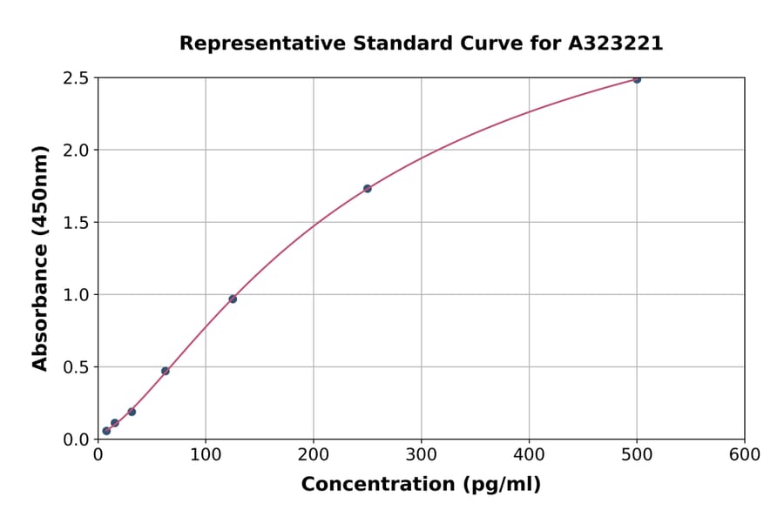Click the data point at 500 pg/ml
pyautogui.click(x=637, y=79)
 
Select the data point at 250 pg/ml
pyautogui.click(x=368, y=188)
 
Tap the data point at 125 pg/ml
pyautogui.click(x=233, y=299)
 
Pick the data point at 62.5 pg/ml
pyautogui.click(x=166, y=371)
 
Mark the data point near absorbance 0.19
pyautogui.click(x=132, y=412)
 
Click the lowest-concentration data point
pyautogui.click(x=106, y=431)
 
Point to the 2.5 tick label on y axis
pyautogui.click(x=77, y=78)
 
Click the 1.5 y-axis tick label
pyautogui.click(x=77, y=223)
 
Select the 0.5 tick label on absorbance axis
pyautogui.click(x=77, y=367)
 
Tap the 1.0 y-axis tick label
pyautogui.click(x=77, y=295)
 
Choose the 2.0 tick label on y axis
pyautogui.click(x=77, y=151)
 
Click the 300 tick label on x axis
pyautogui.click(x=421, y=455)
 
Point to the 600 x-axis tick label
pyautogui.click(x=745, y=455)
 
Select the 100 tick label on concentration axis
pyautogui.click(x=206, y=455)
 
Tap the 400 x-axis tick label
pyautogui.click(x=529, y=455)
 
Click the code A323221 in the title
pyautogui.click(x=616, y=44)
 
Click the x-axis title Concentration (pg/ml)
pyautogui.click(x=421, y=485)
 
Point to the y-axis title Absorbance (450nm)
pyautogui.click(x=40, y=258)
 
